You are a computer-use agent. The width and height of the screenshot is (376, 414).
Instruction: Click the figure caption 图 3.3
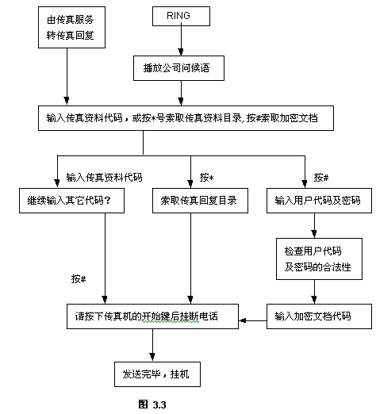[152, 404]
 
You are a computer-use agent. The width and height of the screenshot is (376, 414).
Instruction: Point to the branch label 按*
[206, 178]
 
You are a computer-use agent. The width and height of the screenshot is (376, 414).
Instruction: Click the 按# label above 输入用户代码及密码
[321, 178]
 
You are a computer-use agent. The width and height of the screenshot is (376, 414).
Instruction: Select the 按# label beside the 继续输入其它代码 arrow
[79, 278]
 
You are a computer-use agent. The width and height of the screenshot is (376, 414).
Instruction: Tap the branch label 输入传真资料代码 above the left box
[104, 178]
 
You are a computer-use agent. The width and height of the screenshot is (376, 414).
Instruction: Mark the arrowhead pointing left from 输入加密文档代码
[242, 320]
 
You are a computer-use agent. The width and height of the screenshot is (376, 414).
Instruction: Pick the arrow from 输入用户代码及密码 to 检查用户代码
[314, 225]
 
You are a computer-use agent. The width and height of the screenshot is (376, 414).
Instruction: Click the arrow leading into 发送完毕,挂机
[152, 345]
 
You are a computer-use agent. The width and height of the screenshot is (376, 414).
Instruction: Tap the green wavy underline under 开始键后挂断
[171, 323]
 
